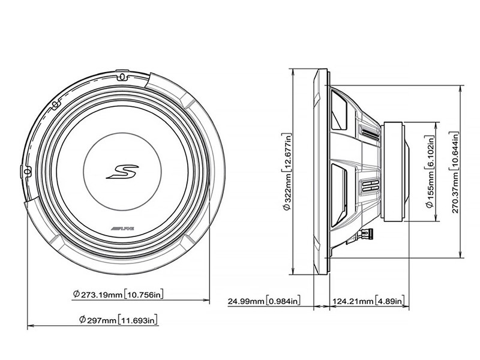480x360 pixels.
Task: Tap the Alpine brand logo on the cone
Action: coord(122,228)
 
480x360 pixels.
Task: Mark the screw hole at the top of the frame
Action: coord(121,76)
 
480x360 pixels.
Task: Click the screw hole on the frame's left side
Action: coord(28,171)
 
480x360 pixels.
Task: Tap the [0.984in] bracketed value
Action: coord(284,299)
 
